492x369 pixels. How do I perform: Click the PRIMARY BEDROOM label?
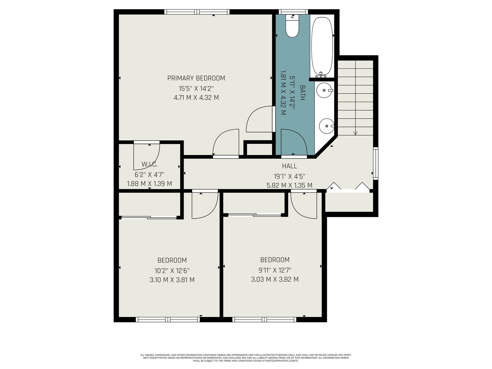point(196,78)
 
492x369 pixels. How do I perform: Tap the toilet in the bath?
point(292,26)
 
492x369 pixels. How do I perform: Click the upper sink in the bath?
point(324,90)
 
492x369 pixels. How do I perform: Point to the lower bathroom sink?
point(327,126)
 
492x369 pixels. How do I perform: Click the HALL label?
point(289,166)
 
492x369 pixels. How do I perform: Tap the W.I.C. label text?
point(149,164)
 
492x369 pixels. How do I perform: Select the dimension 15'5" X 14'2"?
point(196,89)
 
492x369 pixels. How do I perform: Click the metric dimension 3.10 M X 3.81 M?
point(172,280)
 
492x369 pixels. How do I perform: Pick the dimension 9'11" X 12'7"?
point(275,270)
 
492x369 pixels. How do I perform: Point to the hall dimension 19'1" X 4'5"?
point(289,176)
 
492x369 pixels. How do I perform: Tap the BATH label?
point(302,93)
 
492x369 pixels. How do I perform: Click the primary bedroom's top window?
point(197,12)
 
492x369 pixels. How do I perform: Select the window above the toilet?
point(293,12)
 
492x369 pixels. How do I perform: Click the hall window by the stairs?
point(375,163)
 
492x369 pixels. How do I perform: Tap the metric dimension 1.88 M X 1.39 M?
point(149,184)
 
